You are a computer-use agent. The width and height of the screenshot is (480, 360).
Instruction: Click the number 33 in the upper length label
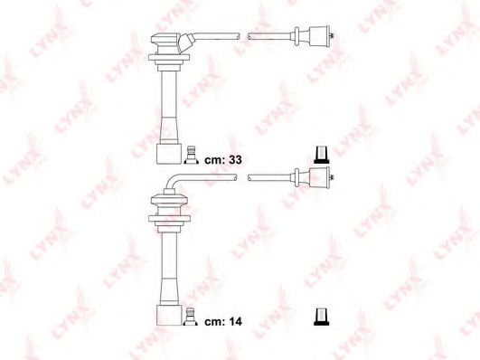pos(235,159)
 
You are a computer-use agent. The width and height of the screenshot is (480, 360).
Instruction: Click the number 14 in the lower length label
pos(235,321)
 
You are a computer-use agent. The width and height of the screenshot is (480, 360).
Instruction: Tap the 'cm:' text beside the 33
pos(214,160)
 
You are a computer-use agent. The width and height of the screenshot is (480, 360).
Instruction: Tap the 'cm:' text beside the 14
pos(214,322)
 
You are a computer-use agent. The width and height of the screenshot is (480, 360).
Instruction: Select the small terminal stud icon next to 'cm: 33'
pos(191,155)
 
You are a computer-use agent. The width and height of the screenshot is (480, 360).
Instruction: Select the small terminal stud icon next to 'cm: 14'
pos(191,317)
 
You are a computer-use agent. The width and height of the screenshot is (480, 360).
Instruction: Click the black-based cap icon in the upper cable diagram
pos(322,156)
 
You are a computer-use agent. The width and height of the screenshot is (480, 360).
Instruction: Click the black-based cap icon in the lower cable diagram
pos(322,317)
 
